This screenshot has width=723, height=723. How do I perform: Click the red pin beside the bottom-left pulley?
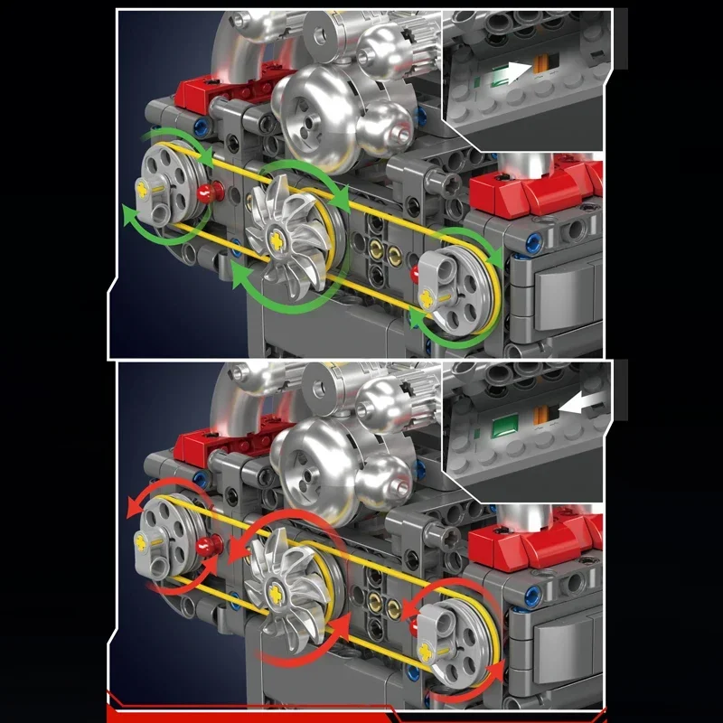(214, 543)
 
